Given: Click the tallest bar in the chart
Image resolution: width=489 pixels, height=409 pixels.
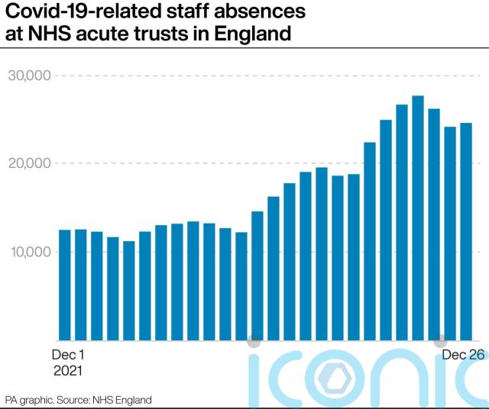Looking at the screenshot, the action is [418, 218].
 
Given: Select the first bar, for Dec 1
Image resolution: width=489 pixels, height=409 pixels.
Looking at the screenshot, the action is [65, 285].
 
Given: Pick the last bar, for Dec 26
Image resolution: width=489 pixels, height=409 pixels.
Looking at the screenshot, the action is [466, 232].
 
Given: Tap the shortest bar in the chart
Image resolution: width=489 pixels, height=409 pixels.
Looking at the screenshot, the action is [129, 291].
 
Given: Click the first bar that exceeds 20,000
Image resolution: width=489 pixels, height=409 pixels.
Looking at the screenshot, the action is [370, 241].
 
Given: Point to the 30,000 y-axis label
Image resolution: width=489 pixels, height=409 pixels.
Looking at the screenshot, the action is [29, 76].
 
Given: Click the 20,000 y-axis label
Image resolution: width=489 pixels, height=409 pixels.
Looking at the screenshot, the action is [29, 163].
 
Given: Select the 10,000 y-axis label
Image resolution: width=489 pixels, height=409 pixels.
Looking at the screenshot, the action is [31, 252].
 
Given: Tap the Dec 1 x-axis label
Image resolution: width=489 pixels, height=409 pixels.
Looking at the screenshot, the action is [68, 355].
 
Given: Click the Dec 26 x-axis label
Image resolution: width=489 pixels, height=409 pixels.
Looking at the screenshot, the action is [464, 355].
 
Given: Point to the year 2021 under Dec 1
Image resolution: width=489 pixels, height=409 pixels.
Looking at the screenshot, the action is [68, 371].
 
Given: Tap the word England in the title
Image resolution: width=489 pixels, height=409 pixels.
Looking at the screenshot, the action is [253, 34].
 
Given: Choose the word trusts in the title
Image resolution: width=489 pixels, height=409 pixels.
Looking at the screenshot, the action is [161, 34].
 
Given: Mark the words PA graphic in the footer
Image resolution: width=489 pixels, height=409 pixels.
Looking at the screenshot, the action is [31, 400].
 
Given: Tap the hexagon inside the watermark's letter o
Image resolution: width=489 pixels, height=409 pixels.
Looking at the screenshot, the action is [335, 378].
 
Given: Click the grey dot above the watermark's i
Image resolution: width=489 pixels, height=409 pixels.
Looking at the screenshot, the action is [254, 342].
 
